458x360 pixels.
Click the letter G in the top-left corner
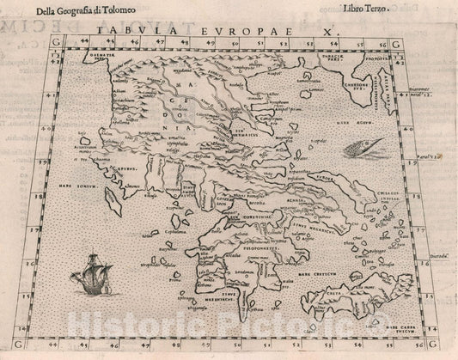(32, 40)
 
